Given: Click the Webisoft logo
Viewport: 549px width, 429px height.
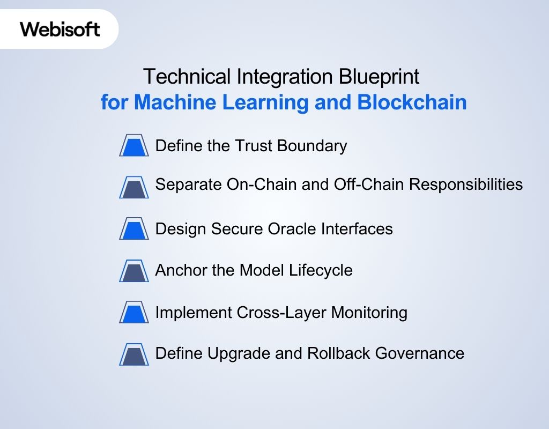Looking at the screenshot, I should (60, 28).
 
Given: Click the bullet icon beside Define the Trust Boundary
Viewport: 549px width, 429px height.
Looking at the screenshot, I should (133, 145).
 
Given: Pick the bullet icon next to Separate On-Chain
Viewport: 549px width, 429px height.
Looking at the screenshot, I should (133, 187).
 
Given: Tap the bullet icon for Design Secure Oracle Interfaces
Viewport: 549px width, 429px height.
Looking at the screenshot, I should (133, 228).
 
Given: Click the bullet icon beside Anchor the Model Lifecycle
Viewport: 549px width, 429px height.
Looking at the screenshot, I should (133, 270).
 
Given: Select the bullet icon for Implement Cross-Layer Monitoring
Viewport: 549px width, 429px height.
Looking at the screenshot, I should (133, 312).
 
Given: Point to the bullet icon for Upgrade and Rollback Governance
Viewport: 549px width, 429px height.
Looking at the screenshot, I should (133, 354).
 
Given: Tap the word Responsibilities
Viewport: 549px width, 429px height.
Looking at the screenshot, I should (466, 184).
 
